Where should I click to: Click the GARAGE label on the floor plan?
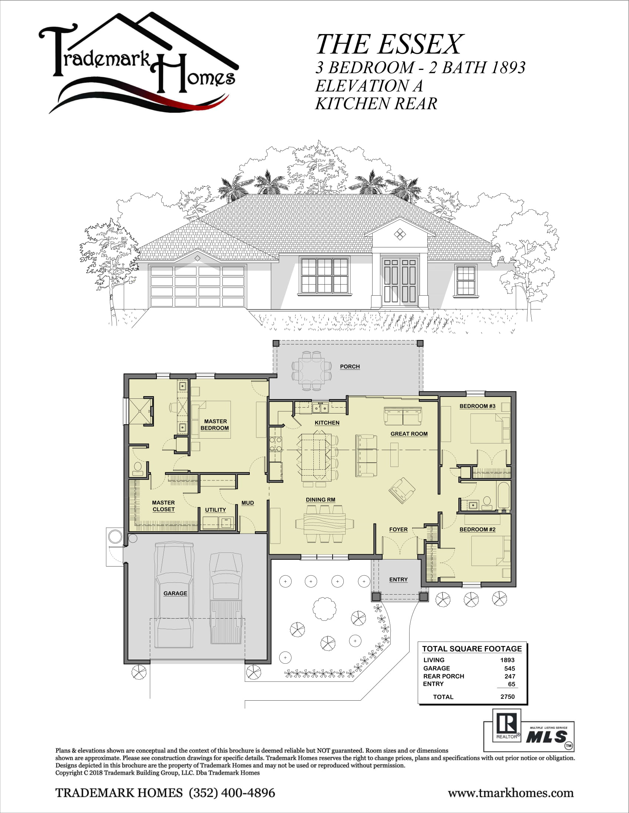175,593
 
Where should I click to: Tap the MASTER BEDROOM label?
215,425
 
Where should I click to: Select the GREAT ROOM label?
409,434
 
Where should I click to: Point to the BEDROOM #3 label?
477,406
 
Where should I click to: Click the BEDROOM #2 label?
477,529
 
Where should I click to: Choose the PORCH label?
350,367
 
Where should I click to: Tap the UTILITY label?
215,510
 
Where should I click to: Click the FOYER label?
398,529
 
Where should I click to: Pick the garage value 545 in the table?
509,668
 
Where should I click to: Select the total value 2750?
508,697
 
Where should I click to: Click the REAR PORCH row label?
443,676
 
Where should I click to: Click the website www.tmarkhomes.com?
511,793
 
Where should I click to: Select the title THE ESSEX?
389,44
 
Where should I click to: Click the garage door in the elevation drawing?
198,286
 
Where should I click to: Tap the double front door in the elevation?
400,281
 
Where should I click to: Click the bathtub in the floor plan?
503,496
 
